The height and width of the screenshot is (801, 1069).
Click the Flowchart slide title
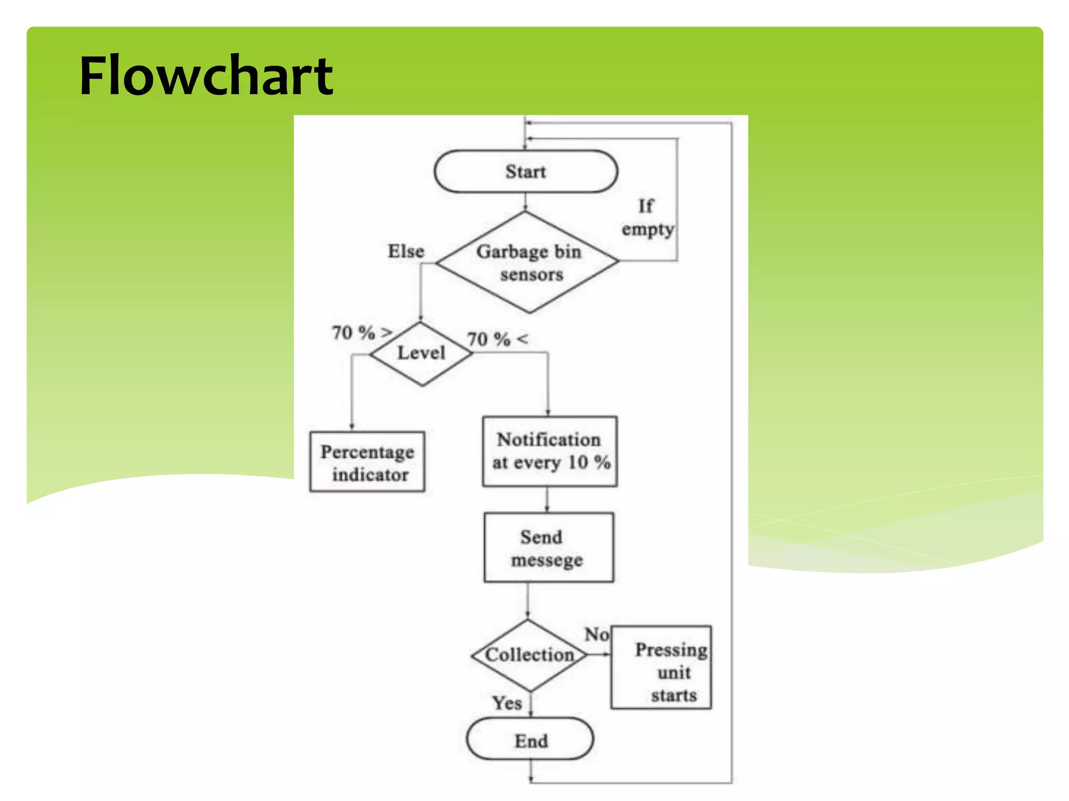coord(206,76)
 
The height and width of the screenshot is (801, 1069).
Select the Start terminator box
coord(526,172)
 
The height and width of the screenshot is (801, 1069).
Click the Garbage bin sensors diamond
coord(528,262)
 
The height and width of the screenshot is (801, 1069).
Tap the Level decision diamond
coord(421,354)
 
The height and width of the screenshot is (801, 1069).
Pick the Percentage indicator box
coord(367,462)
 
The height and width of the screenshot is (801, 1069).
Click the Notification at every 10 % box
coord(550,452)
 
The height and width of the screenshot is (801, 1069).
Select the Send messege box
coord(548,548)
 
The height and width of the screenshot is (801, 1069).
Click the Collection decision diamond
coord(529,655)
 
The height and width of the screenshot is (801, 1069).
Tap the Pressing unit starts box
coord(661,668)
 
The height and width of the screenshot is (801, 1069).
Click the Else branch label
coord(406,251)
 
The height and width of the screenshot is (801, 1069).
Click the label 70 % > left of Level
coord(361,332)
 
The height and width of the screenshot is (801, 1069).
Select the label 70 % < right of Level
coord(497,339)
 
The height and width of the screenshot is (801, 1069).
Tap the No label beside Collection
coord(596,634)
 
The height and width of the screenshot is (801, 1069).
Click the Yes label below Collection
coord(507,703)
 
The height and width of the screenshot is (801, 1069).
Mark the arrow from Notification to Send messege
coord(547,500)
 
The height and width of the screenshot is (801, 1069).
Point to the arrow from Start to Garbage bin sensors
coord(526,202)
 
